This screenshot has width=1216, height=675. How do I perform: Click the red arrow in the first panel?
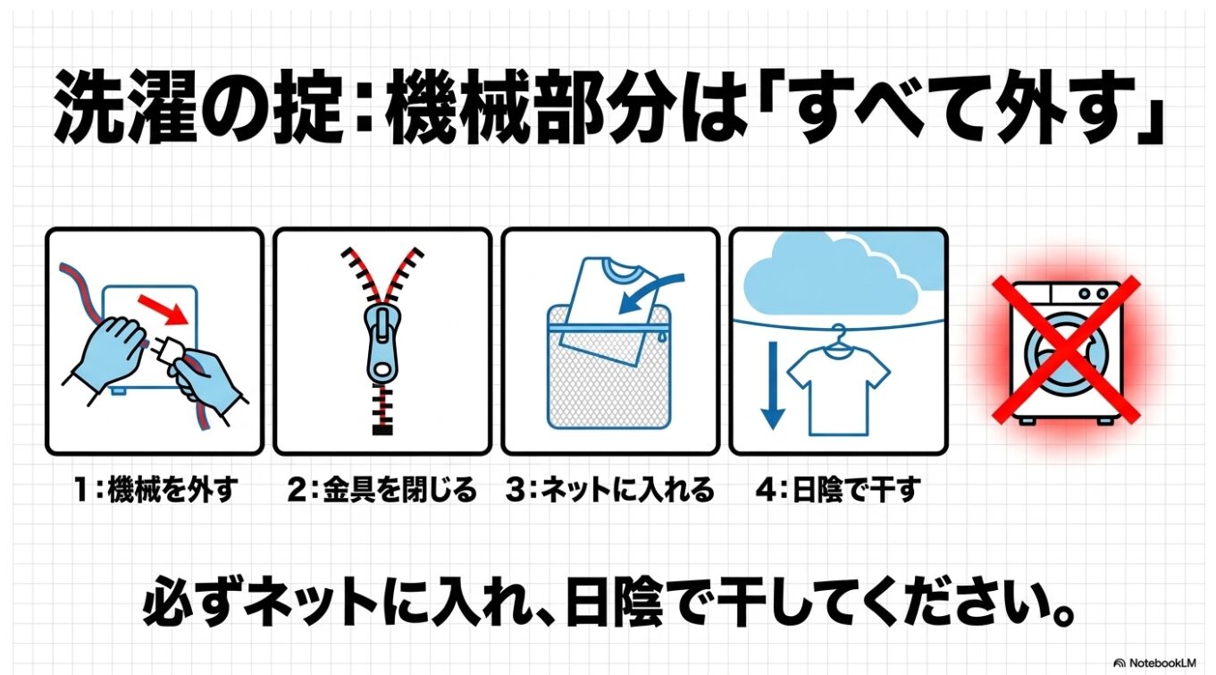point(163,310)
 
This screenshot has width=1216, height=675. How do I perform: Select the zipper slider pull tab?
point(383,343)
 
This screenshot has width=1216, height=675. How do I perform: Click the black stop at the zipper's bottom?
point(383,430)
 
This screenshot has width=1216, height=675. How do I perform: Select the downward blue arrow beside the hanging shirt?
point(773,385)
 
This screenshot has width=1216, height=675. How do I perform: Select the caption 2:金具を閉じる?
point(382,490)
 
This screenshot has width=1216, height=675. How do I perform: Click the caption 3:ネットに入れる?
point(609,490)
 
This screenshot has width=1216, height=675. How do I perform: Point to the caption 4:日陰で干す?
point(838,490)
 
